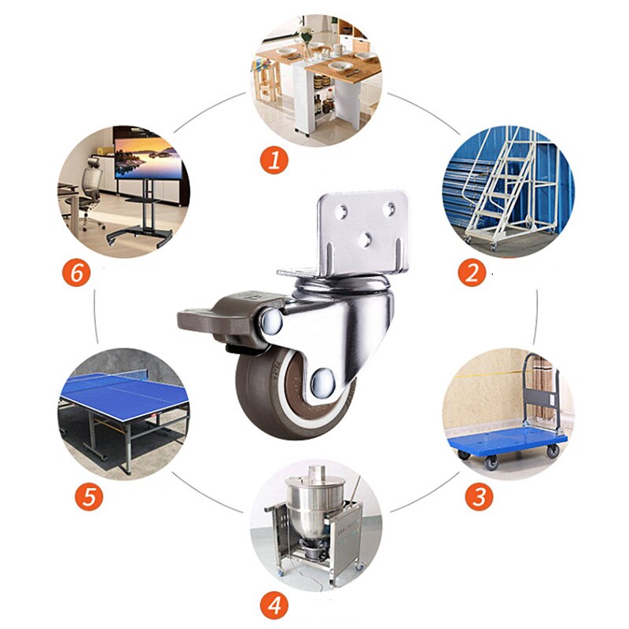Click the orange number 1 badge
pyautogui.click(x=274, y=160)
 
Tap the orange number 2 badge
pyautogui.click(x=472, y=272)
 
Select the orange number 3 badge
pyautogui.click(x=479, y=497)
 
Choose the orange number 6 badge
pyautogui.click(x=76, y=273)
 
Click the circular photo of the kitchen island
pyautogui.click(x=316, y=79)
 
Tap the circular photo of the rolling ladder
pyautogui.click(x=507, y=189)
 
